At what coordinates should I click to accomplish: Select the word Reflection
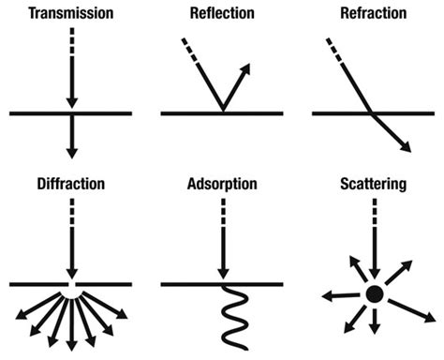point(221,15)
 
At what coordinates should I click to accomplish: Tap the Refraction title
point(372,15)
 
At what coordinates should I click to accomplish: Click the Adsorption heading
point(221,185)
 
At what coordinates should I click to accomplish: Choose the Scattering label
point(372,185)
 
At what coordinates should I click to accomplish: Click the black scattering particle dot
point(373,294)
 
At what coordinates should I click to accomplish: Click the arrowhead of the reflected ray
point(249,68)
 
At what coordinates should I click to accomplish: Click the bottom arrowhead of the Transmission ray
point(71,150)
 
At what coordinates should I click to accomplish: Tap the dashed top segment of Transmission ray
point(71,42)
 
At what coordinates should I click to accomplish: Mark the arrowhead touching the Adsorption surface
point(222,274)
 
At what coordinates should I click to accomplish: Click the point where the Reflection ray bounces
point(222,112)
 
